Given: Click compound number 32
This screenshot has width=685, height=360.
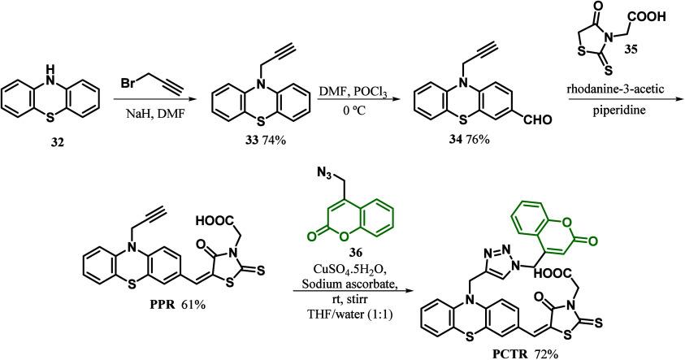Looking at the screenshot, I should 58,150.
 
